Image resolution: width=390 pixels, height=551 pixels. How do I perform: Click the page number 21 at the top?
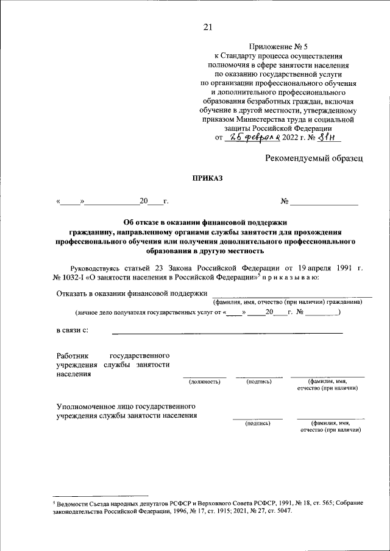coord(207,26)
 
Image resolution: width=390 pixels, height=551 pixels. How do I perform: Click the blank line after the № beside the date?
coord(324,202)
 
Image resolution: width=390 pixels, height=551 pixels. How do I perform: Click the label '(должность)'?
coord(204,382)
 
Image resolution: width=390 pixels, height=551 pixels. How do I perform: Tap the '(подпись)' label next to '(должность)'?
coord(259,382)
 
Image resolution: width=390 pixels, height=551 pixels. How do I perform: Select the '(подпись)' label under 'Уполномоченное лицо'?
coord(257,423)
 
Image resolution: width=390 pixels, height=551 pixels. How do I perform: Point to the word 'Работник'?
coord(73,355)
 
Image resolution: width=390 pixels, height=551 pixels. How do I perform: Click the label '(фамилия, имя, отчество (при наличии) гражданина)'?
coord(287,302)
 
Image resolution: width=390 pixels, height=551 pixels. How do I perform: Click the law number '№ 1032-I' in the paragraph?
coord(70,277)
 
